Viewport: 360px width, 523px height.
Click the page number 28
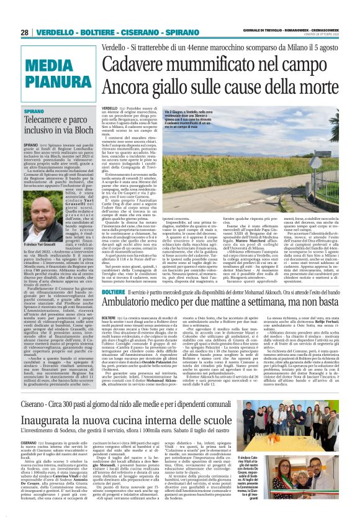coord(25,32)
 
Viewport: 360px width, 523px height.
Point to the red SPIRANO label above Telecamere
coord(34,110)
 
